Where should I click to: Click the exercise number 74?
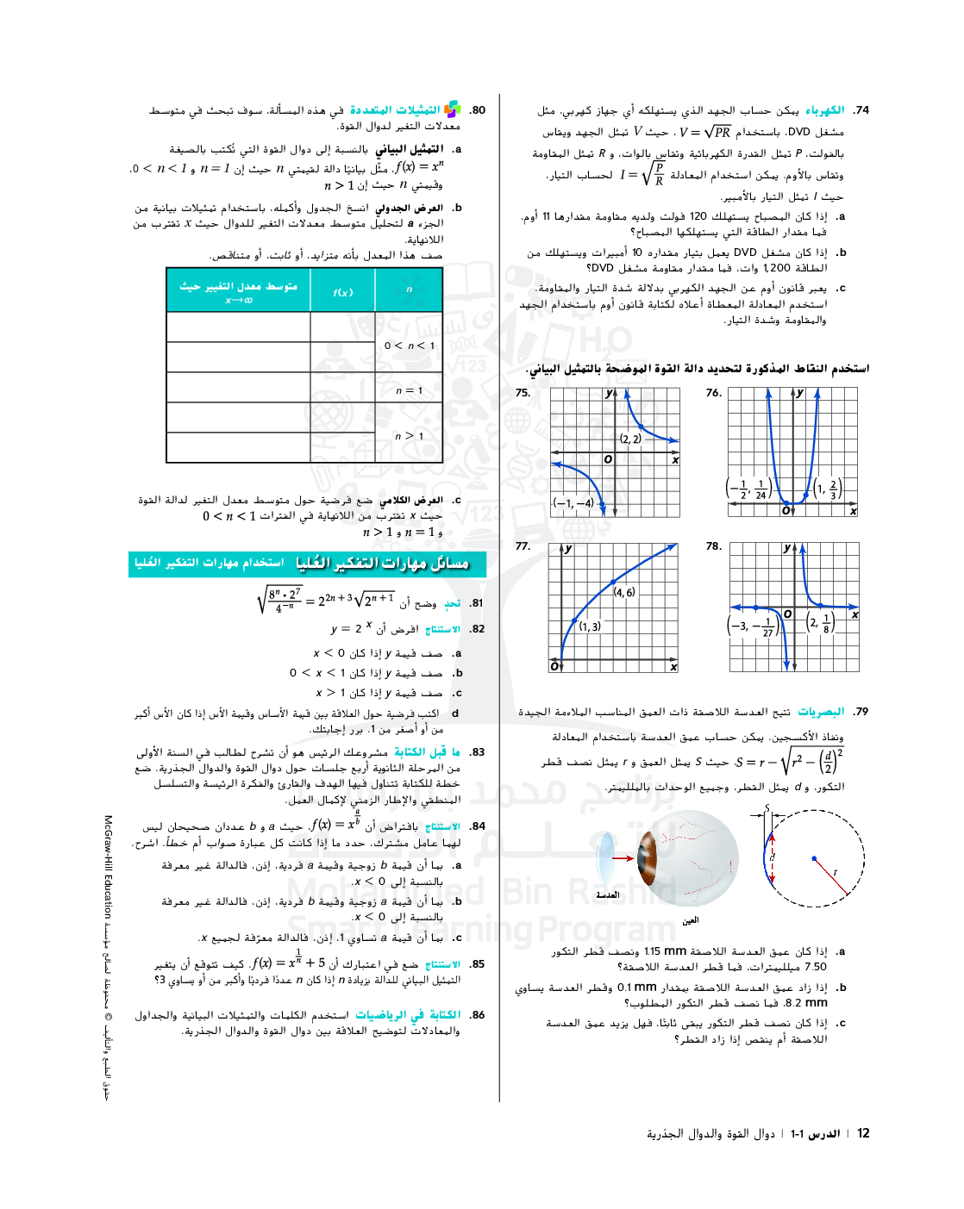point(861,110)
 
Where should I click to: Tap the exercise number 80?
point(478,110)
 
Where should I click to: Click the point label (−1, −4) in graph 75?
point(573,503)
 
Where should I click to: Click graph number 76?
point(713,393)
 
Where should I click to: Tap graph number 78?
point(713,546)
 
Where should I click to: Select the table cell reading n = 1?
point(409,390)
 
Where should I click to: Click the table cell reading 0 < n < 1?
point(409,346)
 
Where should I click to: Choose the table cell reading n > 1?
point(409,436)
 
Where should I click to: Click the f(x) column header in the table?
point(342,292)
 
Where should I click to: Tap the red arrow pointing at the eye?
point(623,858)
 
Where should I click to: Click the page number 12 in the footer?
point(863,1133)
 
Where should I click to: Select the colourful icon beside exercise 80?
point(452,109)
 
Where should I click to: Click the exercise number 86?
point(478,1015)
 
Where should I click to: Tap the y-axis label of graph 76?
point(800,393)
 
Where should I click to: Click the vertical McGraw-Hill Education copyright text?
point(108,957)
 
